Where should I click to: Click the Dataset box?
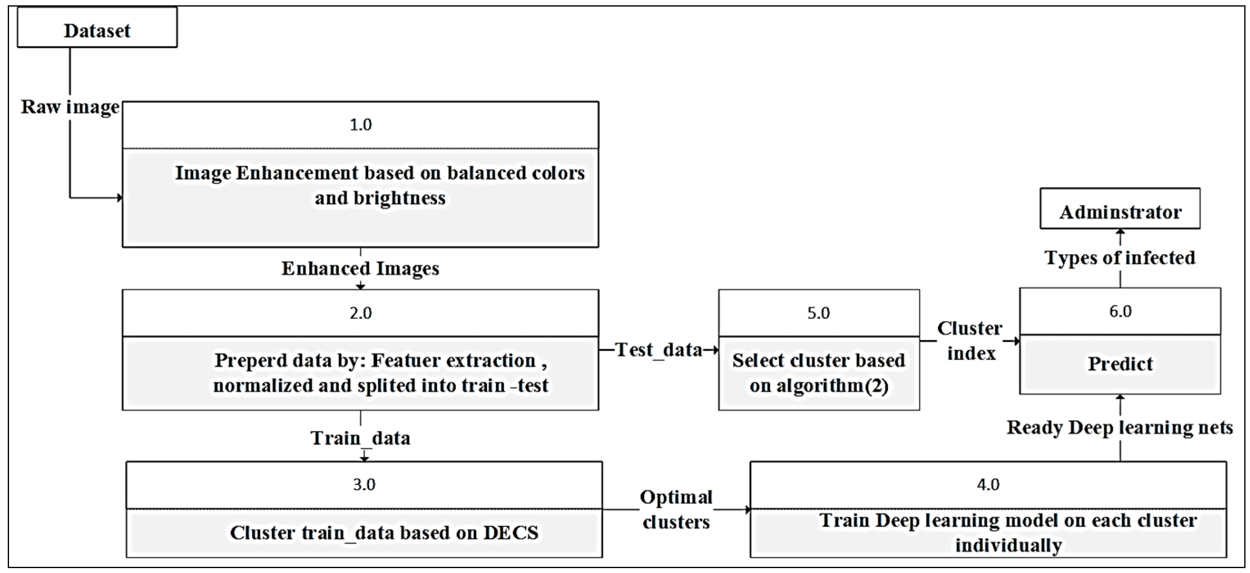(x=97, y=31)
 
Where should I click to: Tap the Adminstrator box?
(x=1120, y=212)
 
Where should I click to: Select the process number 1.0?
(x=360, y=125)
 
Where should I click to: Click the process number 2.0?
(x=360, y=313)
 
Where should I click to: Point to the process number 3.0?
(x=364, y=485)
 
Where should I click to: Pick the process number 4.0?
(x=988, y=485)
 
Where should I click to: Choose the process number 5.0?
(x=819, y=313)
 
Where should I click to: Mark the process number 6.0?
(x=1120, y=311)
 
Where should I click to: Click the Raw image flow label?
(x=70, y=107)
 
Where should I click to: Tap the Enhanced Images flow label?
(x=360, y=268)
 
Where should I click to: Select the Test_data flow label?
(x=658, y=350)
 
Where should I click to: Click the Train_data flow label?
(x=360, y=438)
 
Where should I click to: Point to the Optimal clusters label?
(x=676, y=510)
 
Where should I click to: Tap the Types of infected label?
(x=1120, y=258)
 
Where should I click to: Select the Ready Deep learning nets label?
(x=1120, y=428)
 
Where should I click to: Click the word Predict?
(x=1120, y=364)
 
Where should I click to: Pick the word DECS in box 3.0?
(x=511, y=533)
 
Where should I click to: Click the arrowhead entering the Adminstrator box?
(x=1120, y=232)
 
